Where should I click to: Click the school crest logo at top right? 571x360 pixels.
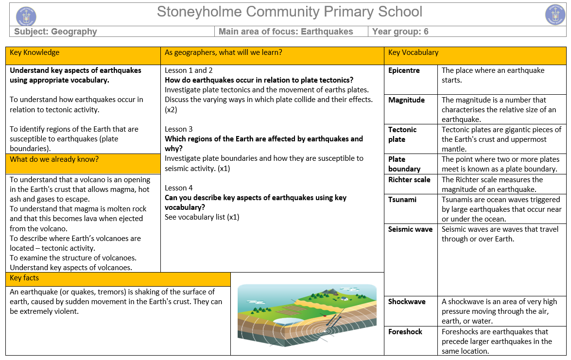coord(555,15)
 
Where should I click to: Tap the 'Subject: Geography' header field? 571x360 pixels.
coord(55,32)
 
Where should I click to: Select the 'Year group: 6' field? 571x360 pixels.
coord(400,32)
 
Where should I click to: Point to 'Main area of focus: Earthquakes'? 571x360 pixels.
coord(286,32)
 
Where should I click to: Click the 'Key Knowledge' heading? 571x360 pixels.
coord(35,52)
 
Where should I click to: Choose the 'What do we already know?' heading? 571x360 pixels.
coord(47,159)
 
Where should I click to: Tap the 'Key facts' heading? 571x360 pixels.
coord(24,278)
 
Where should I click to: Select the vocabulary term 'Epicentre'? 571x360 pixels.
coord(404,70)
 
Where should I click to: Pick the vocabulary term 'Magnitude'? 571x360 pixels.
coord(406,100)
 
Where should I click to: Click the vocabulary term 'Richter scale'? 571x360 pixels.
coord(409,180)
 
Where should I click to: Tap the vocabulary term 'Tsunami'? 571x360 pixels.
coord(402,200)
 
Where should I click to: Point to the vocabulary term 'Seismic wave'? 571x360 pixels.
coord(410,229)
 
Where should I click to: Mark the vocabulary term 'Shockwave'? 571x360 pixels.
coord(407,302)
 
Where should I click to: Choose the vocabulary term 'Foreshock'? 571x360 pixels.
coord(405,332)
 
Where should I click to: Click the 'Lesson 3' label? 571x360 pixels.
coord(178,129)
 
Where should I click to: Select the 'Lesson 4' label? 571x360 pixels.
coord(178,188)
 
